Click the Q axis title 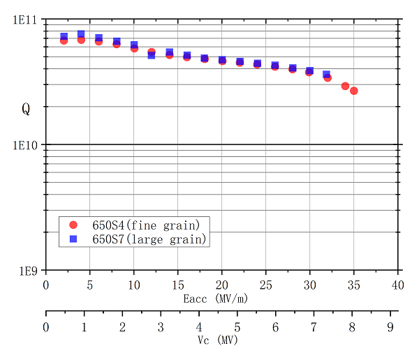pyautogui.click(x=26, y=109)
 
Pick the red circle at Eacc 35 pyautogui.click(x=354, y=91)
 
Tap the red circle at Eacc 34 pyautogui.click(x=345, y=86)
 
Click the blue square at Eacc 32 pyautogui.click(x=327, y=74)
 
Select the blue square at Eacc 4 pyautogui.click(x=81, y=33)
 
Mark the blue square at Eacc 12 pyautogui.click(x=152, y=55)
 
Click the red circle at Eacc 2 pyautogui.click(x=64, y=40)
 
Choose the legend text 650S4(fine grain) pyautogui.click(x=146, y=225)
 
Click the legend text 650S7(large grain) pyautogui.click(x=149, y=239)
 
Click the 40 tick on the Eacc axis pyautogui.click(x=398, y=285)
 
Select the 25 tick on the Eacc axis pyautogui.click(x=266, y=285)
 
